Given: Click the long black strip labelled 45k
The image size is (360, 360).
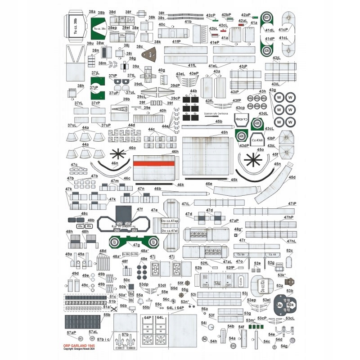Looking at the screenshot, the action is coord(211,179).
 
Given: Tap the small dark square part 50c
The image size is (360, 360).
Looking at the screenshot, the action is coord(127,285).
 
